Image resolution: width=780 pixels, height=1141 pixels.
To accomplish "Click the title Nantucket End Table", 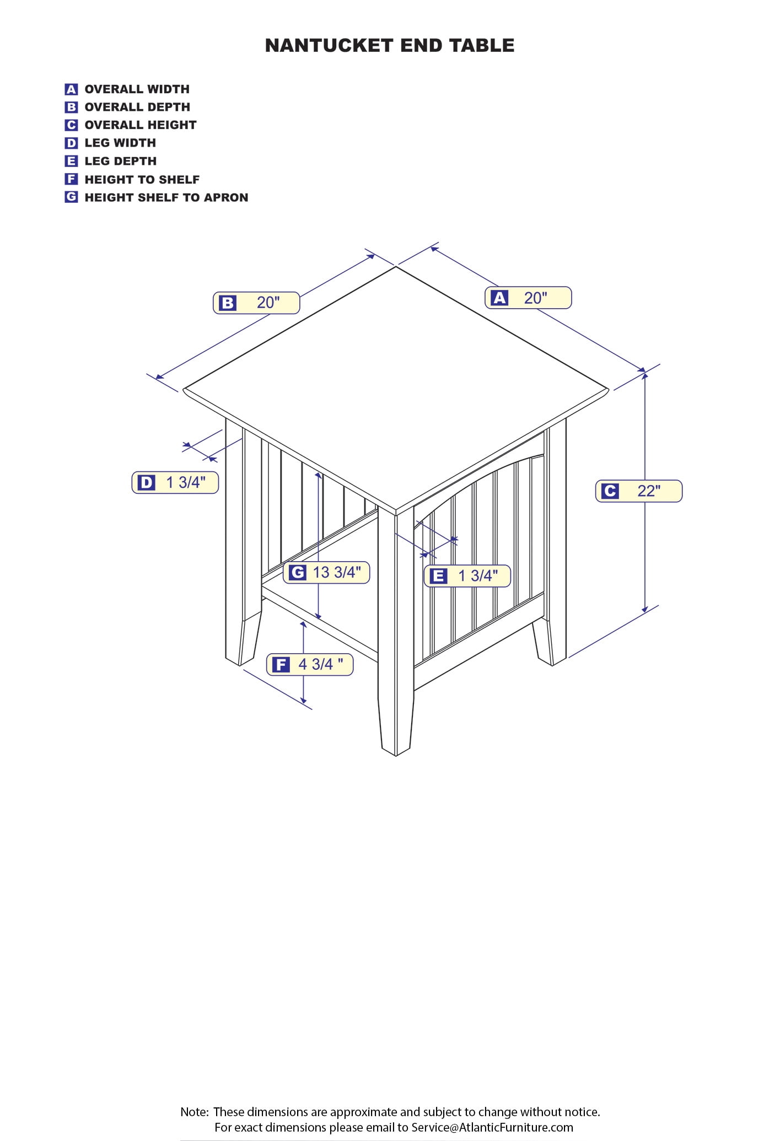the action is click(x=390, y=45).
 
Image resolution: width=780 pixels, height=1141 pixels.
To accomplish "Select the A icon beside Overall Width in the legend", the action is click(x=71, y=89).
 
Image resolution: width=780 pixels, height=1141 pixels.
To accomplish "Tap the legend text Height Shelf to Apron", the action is click(x=166, y=197).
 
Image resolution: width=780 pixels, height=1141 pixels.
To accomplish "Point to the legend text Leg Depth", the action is click(x=121, y=161).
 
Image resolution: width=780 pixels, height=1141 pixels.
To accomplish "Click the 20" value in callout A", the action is click(x=535, y=298).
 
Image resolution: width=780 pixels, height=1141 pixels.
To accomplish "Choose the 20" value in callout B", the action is click(x=268, y=302).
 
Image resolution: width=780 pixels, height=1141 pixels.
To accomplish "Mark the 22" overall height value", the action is click(x=649, y=491).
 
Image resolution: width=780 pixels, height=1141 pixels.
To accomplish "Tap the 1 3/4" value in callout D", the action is click(x=186, y=482).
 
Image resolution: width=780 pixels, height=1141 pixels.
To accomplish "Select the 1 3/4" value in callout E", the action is click(x=478, y=575).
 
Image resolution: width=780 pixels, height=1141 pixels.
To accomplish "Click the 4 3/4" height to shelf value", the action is click(x=321, y=664).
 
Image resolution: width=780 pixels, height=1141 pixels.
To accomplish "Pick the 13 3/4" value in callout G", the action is click(x=337, y=572).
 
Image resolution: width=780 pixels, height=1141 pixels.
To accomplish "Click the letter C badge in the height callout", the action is click(x=610, y=491).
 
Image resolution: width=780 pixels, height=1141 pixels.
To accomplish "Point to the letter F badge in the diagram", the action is click(x=281, y=664).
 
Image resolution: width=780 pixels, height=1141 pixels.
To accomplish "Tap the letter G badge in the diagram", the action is click(x=297, y=573).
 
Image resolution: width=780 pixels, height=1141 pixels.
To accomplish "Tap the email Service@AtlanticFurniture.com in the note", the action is click(x=492, y=1127).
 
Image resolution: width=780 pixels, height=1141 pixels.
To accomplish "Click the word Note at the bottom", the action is click(x=194, y=1112).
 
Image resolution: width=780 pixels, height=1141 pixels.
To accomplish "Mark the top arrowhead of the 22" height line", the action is click(x=645, y=376).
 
